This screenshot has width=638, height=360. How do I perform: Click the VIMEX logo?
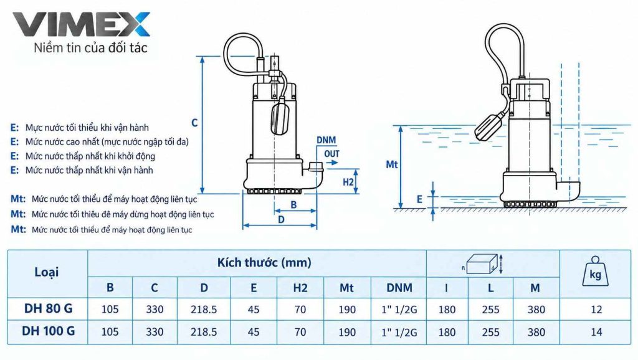[82, 25]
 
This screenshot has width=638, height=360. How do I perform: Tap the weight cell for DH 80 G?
[596, 310]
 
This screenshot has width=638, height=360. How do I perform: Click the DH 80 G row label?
[48, 309]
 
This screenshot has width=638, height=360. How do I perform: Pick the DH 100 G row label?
[48, 331]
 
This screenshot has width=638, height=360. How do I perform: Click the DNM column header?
[399, 288]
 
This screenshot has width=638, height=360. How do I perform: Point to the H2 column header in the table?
[300, 288]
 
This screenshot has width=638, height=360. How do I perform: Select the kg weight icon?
[595, 272]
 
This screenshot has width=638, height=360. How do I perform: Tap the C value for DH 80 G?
[155, 310]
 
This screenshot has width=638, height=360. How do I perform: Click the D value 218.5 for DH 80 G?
[204, 310]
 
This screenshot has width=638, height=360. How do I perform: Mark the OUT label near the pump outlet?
[331, 154]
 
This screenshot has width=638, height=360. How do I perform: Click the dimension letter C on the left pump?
[194, 123]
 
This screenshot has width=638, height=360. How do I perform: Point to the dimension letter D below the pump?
[281, 220]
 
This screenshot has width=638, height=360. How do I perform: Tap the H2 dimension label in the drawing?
[348, 182]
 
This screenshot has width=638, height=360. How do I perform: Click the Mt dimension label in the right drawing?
[392, 165]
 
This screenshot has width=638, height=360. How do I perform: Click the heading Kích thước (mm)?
[264, 262]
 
